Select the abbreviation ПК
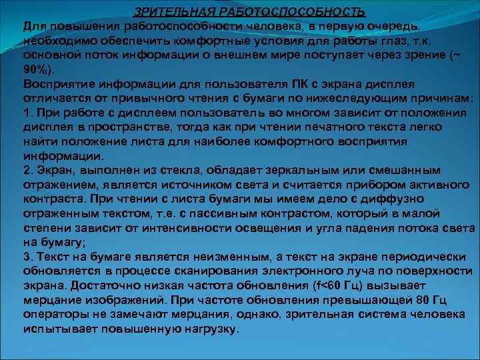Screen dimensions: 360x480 [300, 83]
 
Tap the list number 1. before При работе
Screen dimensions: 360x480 [28, 112]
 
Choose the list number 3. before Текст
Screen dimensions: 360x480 [28, 257]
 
